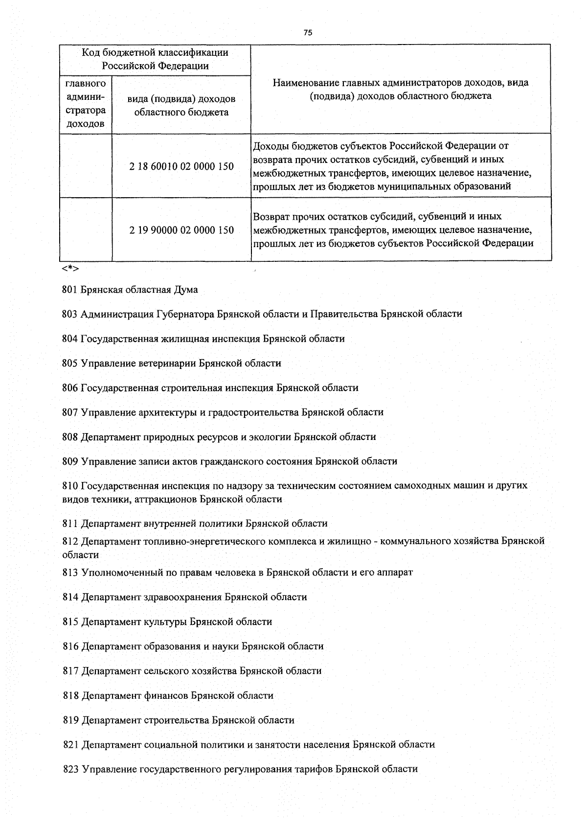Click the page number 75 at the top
click(x=308, y=33)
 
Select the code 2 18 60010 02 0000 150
click(x=181, y=166)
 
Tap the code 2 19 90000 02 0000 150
click(x=181, y=230)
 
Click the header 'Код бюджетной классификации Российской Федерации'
click(x=155, y=59)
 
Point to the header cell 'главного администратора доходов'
click(x=86, y=104)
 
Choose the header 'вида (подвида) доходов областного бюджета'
click(x=181, y=105)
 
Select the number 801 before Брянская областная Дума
click(x=70, y=290)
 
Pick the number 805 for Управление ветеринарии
click(x=70, y=363)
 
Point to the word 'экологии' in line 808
click(x=271, y=437)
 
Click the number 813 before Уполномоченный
click(x=70, y=572)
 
